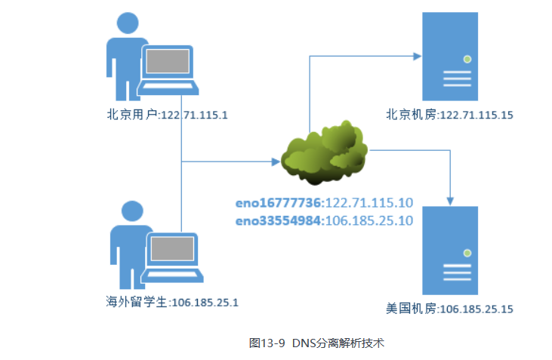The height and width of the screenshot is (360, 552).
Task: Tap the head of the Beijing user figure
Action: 125,25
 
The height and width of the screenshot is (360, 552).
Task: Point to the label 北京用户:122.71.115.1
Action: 167,115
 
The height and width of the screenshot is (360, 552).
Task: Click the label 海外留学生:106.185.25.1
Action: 172,302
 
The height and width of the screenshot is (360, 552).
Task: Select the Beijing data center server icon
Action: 450,57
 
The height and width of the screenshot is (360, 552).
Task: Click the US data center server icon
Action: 450,251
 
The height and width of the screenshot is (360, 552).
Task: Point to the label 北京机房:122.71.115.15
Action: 449,115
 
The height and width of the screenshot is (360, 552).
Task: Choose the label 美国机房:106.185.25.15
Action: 449,309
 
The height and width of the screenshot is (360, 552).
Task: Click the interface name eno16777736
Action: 279,203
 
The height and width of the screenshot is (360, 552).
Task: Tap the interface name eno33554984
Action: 279,220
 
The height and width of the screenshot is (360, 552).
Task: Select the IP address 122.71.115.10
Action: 369,203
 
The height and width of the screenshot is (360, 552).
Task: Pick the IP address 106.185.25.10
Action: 369,220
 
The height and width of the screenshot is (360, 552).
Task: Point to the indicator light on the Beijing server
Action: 467,59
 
